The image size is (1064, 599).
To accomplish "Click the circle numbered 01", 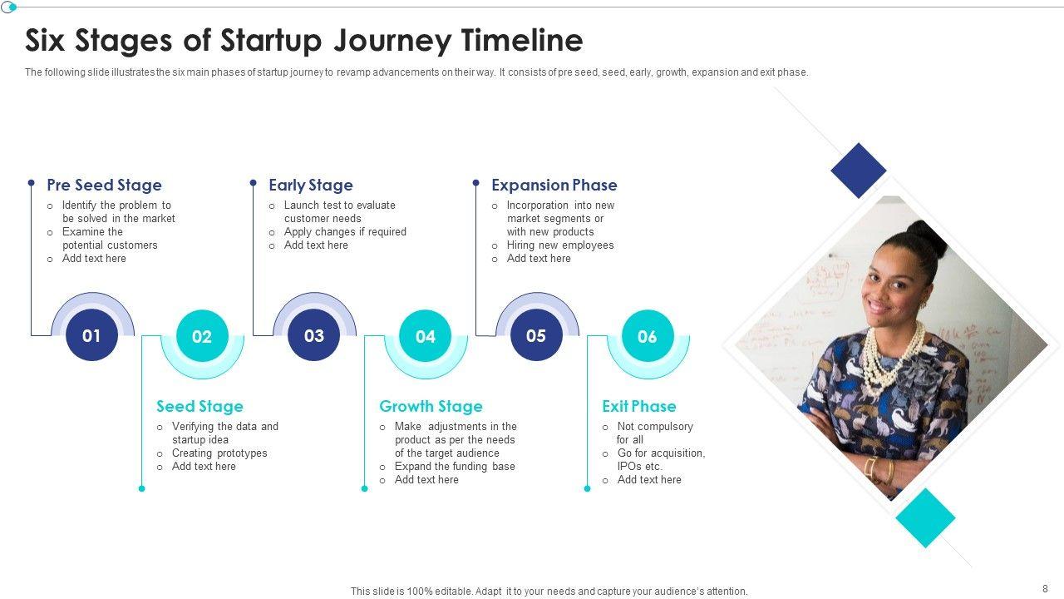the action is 91,335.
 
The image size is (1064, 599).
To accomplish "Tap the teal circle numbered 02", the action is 202,335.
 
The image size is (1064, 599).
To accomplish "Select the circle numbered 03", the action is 314,335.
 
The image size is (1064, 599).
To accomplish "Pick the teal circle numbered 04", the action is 425,335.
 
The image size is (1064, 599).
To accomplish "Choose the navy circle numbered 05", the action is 536,335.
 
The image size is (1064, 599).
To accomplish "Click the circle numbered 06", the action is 648,335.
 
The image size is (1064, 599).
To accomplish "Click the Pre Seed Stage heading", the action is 105,185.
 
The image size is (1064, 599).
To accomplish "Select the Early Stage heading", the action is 311,186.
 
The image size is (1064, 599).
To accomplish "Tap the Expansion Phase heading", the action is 554,185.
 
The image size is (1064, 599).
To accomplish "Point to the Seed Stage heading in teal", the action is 200,407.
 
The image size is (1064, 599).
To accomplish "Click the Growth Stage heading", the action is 431,407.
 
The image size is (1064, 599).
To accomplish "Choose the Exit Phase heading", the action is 639,407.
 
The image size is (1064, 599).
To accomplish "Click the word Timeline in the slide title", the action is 522,40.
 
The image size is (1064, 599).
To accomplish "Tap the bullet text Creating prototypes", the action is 219,453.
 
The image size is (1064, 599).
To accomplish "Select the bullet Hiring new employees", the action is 560,245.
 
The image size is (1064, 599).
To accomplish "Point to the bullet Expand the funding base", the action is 455,467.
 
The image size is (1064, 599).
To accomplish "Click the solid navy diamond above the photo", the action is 859,171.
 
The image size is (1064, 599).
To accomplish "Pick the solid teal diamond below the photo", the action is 925,518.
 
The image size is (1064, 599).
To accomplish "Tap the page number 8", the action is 1045,588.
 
